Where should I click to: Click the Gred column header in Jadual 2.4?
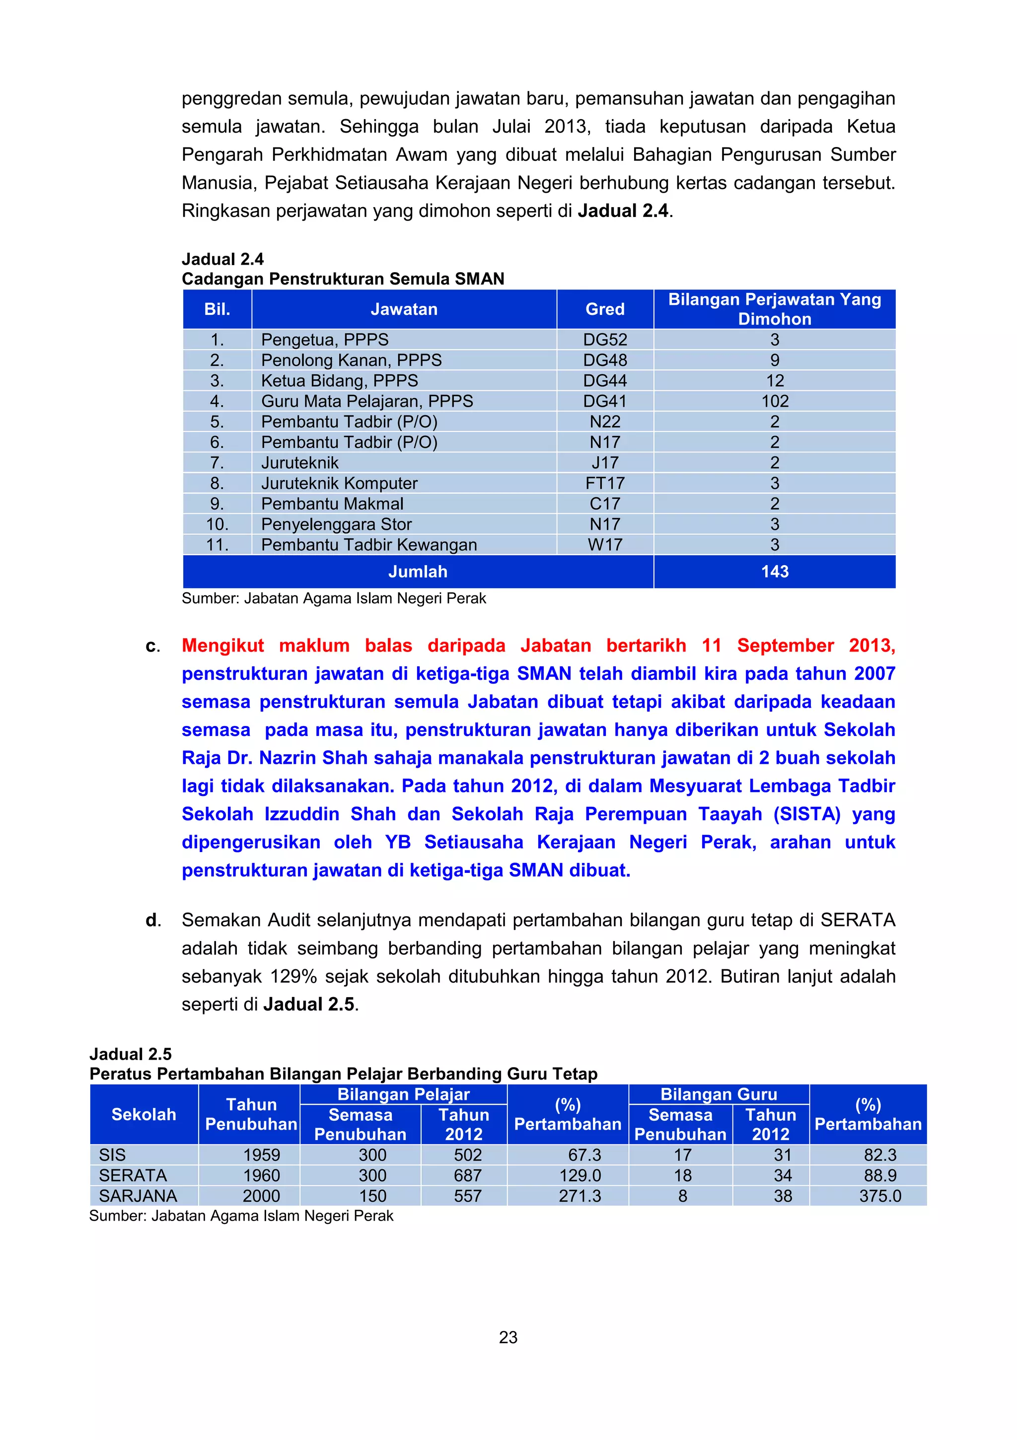(605, 309)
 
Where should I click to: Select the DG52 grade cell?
(605, 340)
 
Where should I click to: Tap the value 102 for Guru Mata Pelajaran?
(775, 401)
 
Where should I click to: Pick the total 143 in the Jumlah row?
(775, 572)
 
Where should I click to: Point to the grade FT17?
(605, 484)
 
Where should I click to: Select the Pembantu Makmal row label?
(332, 504)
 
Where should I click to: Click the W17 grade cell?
(605, 545)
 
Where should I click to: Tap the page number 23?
(508, 1338)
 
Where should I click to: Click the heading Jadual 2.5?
(131, 1054)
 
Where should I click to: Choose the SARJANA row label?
(138, 1196)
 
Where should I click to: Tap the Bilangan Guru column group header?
(719, 1094)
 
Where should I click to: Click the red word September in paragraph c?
(785, 646)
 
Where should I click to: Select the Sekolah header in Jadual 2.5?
(144, 1114)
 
